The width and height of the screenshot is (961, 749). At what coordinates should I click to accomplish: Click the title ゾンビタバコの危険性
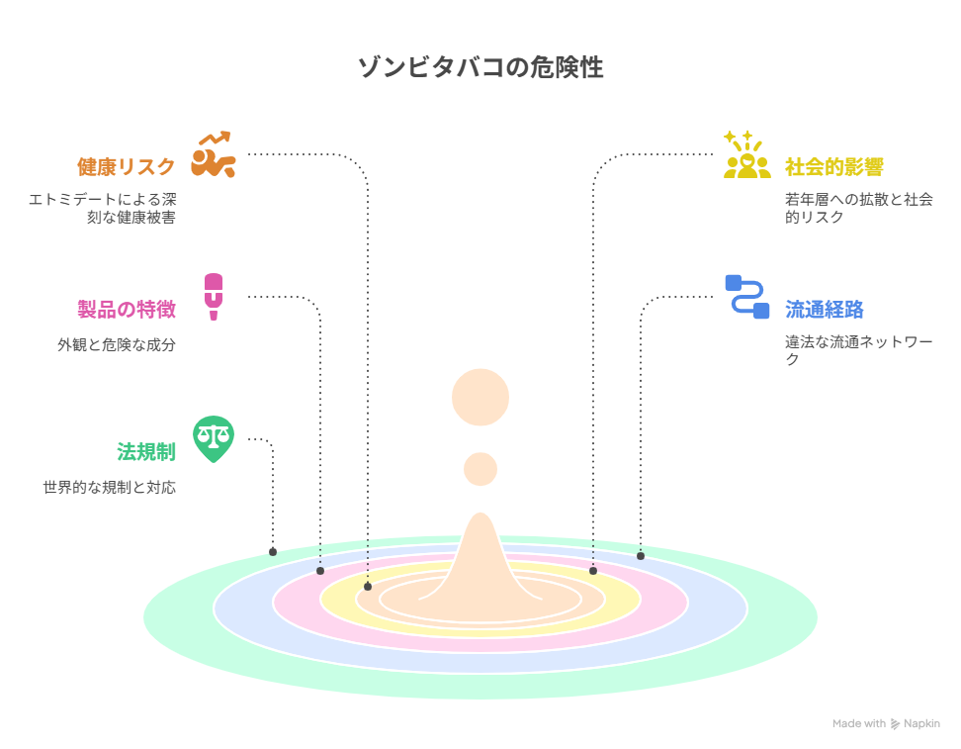pyautogui.click(x=480, y=67)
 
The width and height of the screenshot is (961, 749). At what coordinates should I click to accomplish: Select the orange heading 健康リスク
pyautogui.click(x=127, y=167)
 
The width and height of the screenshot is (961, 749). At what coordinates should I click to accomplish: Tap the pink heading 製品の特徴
pyautogui.click(x=127, y=309)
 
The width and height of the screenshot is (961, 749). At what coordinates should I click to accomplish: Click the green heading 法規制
pyautogui.click(x=146, y=452)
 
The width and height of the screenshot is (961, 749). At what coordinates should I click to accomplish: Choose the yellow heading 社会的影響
pyautogui.click(x=834, y=167)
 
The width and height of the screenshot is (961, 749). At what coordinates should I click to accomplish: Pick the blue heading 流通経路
pyautogui.click(x=825, y=309)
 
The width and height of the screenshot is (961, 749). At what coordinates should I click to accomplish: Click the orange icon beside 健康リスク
pyautogui.click(x=214, y=154)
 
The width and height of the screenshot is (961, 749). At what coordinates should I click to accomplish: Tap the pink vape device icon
pyautogui.click(x=214, y=297)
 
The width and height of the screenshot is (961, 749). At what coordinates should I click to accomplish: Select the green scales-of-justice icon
pyautogui.click(x=214, y=439)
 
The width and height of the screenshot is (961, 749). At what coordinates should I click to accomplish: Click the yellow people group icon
pyautogui.click(x=747, y=154)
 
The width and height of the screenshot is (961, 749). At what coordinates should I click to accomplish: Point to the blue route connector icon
pyautogui.click(x=747, y=297)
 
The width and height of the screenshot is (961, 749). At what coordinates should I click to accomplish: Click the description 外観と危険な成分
pyautogui.click(x=117, y=344)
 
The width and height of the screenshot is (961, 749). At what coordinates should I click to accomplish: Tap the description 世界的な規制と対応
pyautogui.click(x=109, y=488)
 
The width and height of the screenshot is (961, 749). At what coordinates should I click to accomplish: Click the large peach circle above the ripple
pyautogui.click(x=480, y=397)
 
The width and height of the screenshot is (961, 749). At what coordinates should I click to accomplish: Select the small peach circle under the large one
pyautogui.click(x=480, y=469)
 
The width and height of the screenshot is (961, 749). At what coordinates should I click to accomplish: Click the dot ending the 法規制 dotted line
pyautogui.click(x=273, y=552)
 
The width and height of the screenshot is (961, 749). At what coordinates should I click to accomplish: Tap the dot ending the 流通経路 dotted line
pyautogui.click(x=641, y=556)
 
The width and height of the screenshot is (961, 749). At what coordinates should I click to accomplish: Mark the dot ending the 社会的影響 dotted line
pyautogui.click(x=593, y=571)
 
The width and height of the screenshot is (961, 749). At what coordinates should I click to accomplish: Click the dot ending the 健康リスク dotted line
pyautogui.click(x=368, y=587)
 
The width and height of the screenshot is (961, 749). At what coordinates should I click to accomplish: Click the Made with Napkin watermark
pyautogui.click(x=886, y=724)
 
